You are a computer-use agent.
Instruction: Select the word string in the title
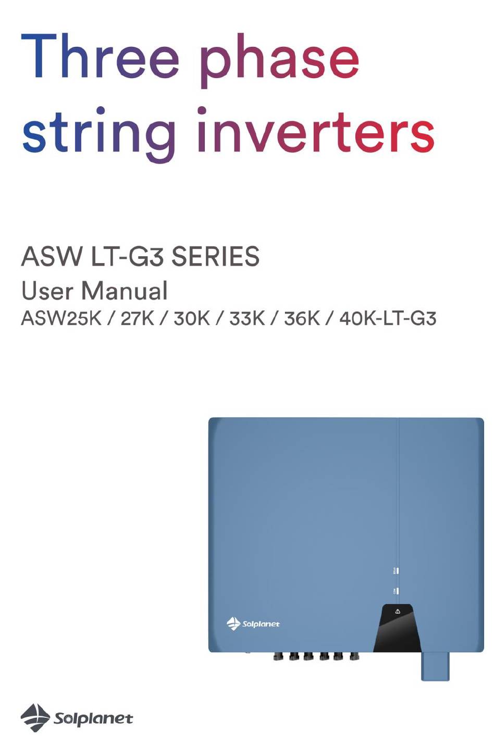coord(98,134)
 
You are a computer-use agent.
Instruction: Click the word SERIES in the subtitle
coord(216,257)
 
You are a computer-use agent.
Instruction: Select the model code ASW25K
coord(61,318)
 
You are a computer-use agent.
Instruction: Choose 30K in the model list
coord(192,318)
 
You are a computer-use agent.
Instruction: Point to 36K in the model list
coord(302,318)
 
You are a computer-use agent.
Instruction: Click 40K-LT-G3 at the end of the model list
coord(388,318)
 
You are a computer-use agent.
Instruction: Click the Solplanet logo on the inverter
coord(253,623)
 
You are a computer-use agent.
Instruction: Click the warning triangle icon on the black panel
coord(398,611)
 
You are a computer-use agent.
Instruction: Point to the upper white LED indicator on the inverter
coord(398,570)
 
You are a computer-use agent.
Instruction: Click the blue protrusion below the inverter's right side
coord(435,666)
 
